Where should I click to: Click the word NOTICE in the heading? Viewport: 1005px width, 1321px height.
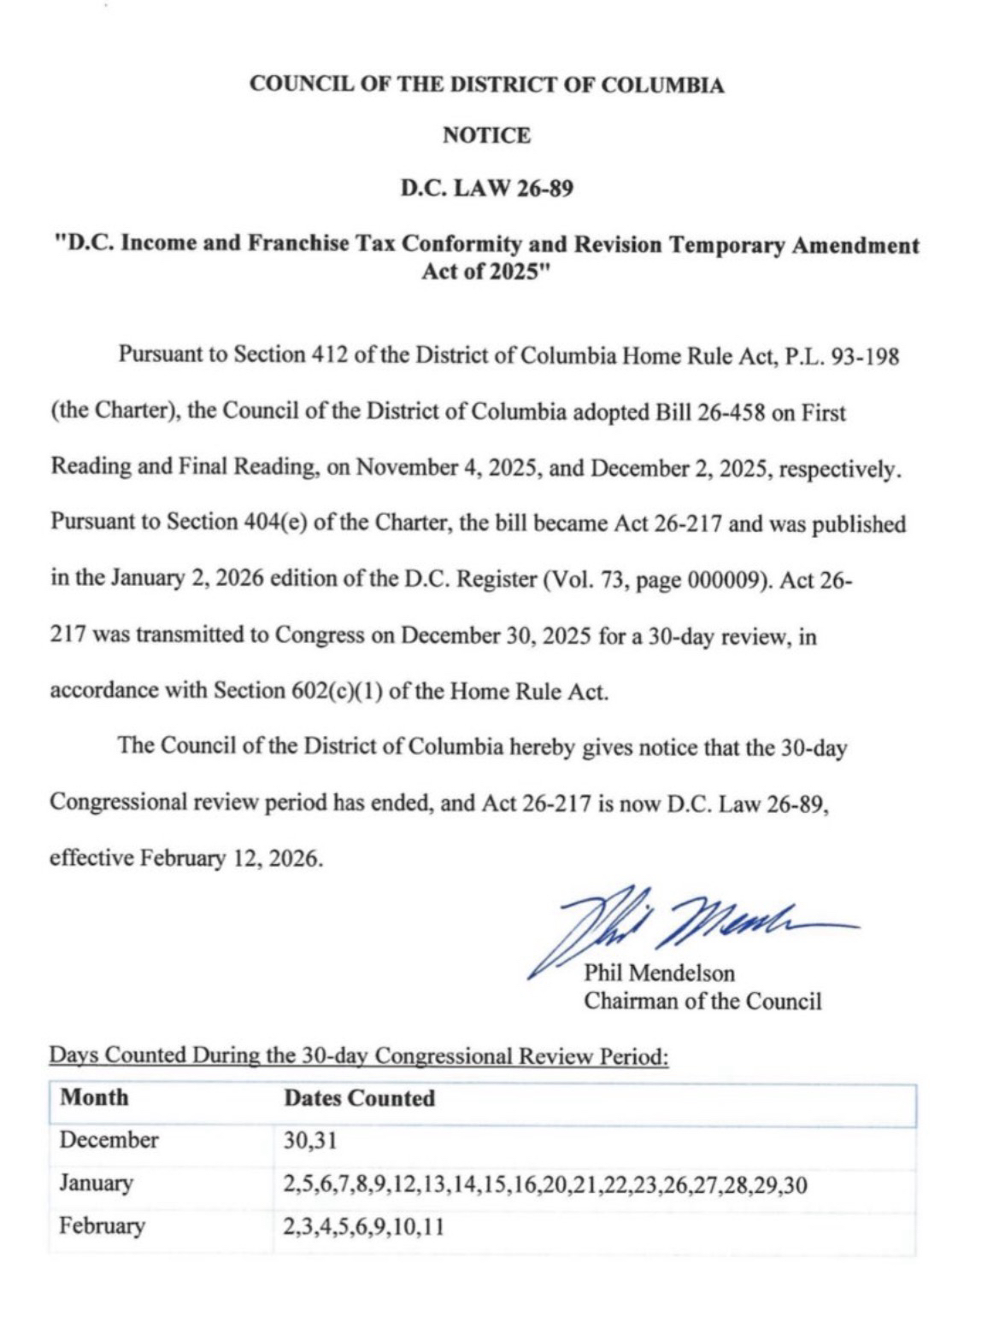(486, 136)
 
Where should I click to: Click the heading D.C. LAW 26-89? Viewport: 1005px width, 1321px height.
(486, 188)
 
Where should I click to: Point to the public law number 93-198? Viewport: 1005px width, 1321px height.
(864, 356)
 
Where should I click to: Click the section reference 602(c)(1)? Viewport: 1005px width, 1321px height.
(334, 691)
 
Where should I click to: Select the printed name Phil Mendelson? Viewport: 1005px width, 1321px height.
(659, 973)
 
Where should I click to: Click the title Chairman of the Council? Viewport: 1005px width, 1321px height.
(702, 1001)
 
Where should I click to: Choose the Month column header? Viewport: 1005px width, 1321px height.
(95, 1097)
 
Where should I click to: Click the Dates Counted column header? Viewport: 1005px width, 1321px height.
(359, 1098)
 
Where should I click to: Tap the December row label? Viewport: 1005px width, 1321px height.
(109, 1140)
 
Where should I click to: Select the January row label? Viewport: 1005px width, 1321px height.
(96, 1184)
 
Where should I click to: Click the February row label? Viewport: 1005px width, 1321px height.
(102, 1226)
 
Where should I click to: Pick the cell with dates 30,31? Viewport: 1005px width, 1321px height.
(304, 1141)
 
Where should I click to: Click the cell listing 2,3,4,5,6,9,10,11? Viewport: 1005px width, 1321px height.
(363, 1227)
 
